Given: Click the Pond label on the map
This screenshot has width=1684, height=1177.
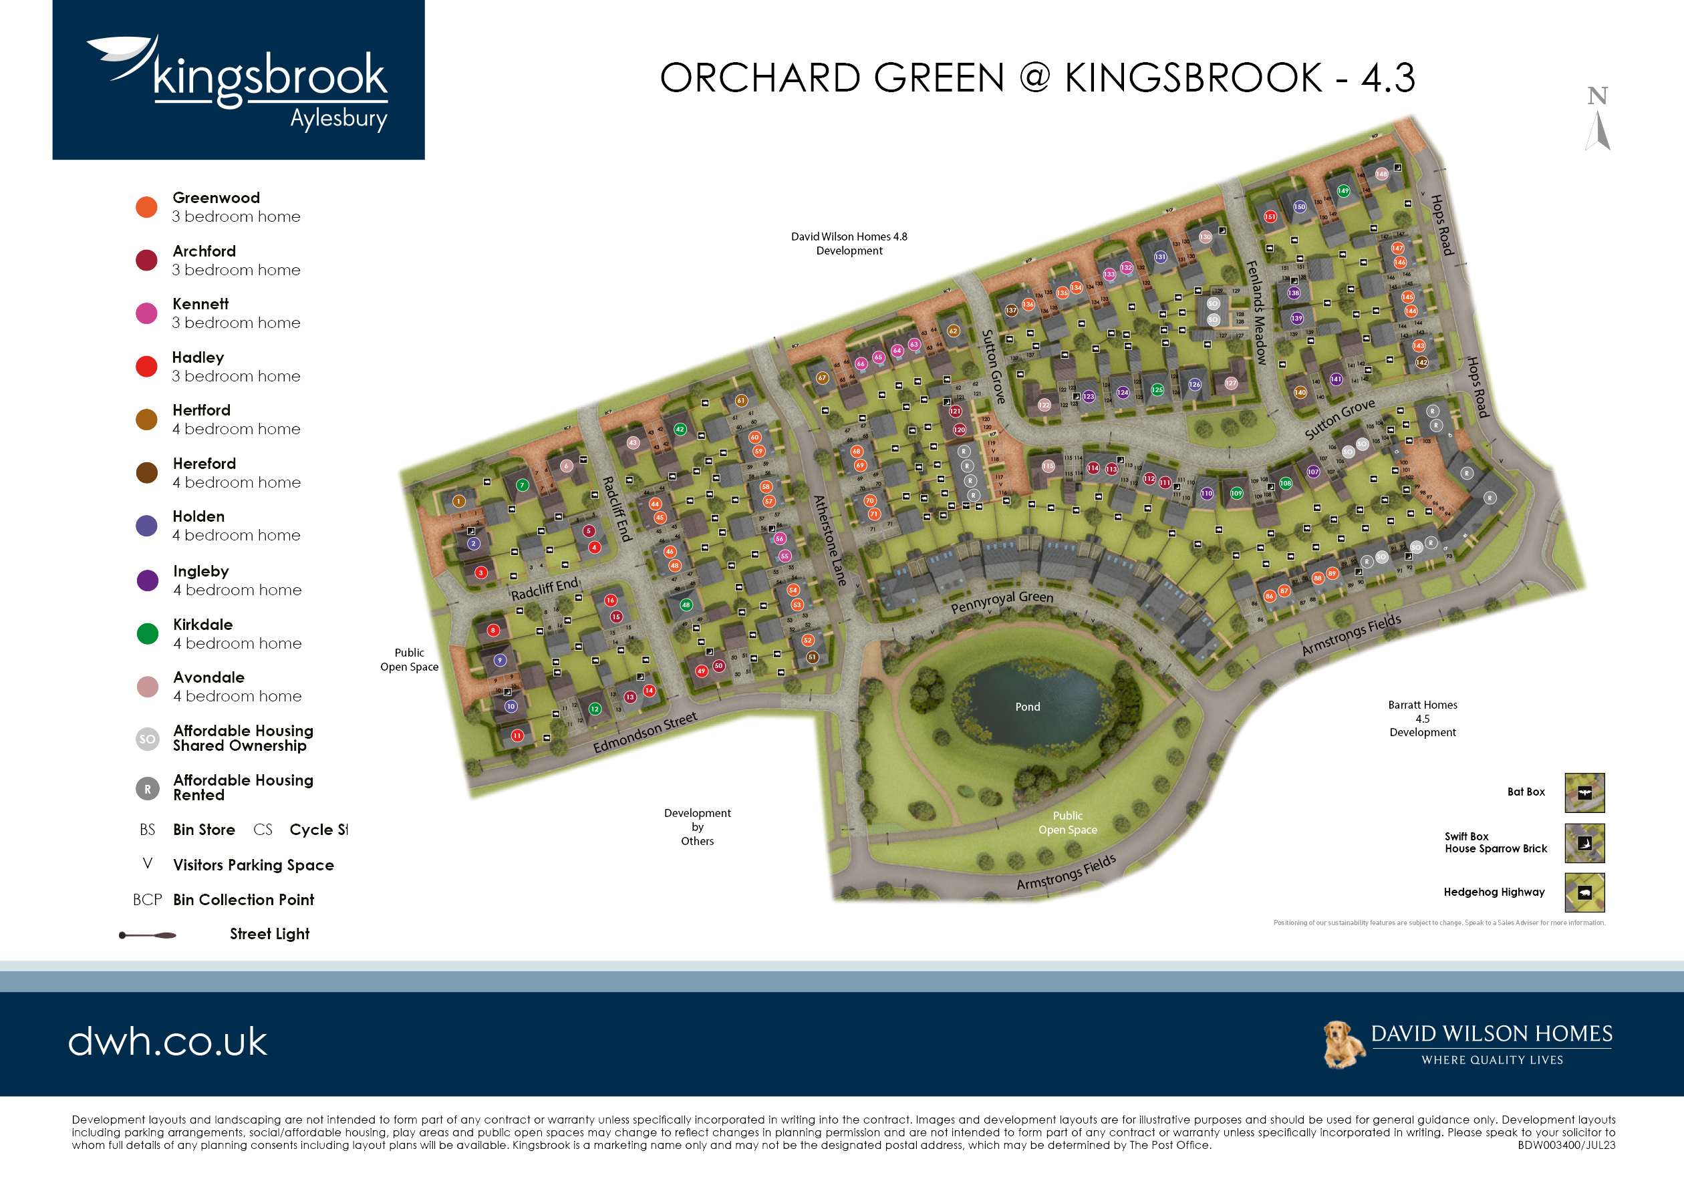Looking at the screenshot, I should (x=1027, y=707).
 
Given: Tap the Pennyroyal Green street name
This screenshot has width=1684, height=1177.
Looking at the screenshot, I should (x=1002, y=601).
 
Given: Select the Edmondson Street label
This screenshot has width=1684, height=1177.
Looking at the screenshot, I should (x=645, y=732).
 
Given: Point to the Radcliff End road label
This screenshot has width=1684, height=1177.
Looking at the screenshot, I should (x=544, y=588).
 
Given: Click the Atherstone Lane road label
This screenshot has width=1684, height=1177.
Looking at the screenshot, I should (x=829, y=541).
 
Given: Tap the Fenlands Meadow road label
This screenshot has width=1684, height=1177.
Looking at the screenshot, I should (x=1256, y=313).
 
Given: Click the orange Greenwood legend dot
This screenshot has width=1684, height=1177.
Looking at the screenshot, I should (x=147, y=207).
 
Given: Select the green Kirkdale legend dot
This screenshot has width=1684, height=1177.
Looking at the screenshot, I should (x=148, y=634).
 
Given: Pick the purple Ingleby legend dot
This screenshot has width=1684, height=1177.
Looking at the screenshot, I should (x=148, y=580).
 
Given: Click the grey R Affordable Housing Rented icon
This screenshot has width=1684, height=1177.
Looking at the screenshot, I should (x=148, y=789).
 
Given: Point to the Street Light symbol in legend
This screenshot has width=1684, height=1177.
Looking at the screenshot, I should (x=148, y=935).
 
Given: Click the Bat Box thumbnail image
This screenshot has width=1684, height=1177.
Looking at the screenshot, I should (x=1584, y=793).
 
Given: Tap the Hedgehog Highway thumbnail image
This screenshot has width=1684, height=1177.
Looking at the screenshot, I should (x=1584, y=892).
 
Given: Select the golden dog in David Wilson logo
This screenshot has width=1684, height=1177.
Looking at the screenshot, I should (x=1343, y=1044).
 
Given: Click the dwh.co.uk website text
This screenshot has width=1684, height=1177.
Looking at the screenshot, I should (x=168, y=1041).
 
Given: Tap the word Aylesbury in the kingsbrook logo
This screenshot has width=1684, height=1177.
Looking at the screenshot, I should (x=338, y=119).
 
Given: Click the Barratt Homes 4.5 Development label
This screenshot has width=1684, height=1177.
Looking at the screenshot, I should (x=1422, y=719).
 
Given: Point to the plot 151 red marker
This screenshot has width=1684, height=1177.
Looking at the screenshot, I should (x=1270, y=216).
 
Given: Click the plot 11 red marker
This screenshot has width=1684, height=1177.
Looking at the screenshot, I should (x=517, y=735).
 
